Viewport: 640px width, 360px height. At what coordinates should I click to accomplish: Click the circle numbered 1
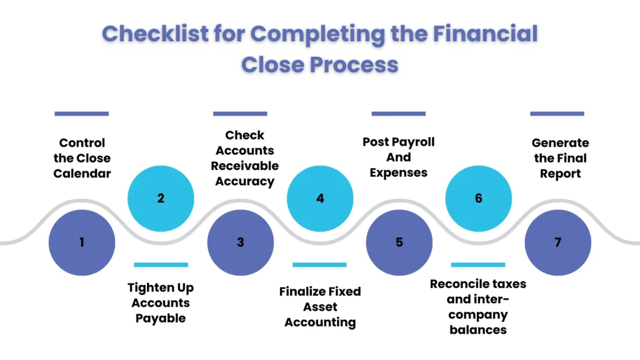pyautogui.click(x=82, y=242)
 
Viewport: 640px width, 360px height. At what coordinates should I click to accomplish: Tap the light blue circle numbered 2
pyautogui.click(x=161, y=199)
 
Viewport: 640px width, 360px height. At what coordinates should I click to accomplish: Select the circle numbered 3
pyautogui.click(x=241, y=242)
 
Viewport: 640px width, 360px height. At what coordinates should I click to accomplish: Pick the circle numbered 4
pyautogui.click(x=320, y=199)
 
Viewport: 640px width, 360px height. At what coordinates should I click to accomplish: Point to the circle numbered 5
pyautogui.click(x=399, y=242)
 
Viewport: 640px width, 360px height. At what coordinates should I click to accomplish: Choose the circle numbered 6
pyautogui.click(x=479, y=199)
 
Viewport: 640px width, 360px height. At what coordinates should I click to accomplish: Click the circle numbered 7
pyautogui.click(x=558, y=242)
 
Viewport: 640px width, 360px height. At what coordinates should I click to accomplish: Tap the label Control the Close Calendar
pyautogui.click(x=82, y=158)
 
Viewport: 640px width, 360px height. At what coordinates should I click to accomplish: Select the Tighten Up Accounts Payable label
pyautogui.click(x=161, y=303)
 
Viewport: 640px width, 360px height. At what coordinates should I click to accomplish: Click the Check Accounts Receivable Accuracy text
pyautogui.click(x=244, y=158)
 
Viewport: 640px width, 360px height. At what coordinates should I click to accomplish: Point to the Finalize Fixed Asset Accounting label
pyautogui.click(x=320, y=307)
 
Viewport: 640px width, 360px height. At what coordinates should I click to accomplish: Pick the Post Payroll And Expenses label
pyautogui.click(x=399, y=157)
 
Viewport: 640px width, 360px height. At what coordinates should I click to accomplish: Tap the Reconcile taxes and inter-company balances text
pyautogui.click(x=478, y=306)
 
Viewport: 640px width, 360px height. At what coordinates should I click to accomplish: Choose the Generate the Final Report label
pyautogui.click(x=560, y=158)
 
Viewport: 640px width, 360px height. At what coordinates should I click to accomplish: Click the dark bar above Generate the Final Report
pyautogui.click(x=557, y=114)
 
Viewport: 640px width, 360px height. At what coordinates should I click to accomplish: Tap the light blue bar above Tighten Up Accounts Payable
pyautogui.click(x=161, y=265)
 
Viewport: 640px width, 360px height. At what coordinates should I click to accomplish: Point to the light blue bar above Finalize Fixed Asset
pyautogui.click(x=319, y=265)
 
